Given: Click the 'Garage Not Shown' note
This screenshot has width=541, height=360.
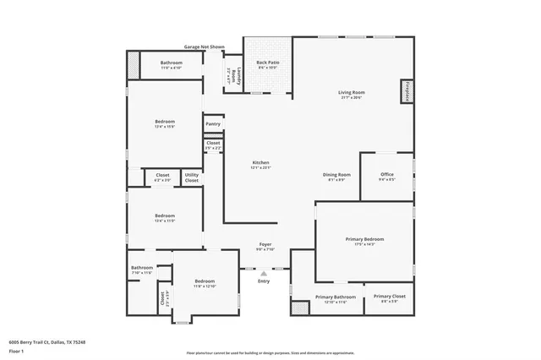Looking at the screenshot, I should (204, 47).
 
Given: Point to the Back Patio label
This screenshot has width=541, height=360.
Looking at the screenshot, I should (268, 63).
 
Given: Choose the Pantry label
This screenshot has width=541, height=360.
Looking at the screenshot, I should (213, 124).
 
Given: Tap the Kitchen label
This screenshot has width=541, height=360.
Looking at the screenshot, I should (261, 163).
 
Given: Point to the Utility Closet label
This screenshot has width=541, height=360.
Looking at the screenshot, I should (192, 177).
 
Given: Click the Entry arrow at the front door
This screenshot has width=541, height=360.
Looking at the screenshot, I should (264, 274).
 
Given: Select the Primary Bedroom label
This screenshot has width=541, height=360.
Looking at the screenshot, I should (365, 240).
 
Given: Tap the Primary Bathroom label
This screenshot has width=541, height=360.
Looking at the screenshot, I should (336, 297).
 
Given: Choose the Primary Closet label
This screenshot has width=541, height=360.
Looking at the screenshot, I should (389, 297).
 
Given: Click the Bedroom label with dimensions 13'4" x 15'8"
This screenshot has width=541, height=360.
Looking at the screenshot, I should (165, 123).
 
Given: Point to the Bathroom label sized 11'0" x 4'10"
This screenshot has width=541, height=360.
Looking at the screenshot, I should (172, 64).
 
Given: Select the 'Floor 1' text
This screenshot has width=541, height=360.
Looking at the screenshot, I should (15, 350).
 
